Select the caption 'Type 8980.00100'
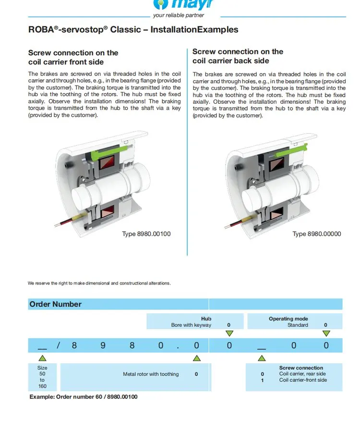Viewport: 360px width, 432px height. [146, 234]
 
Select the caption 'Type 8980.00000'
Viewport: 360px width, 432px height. [316, 234]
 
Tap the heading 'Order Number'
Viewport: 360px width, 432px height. [55, 304]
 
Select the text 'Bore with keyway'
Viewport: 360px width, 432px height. [191, 325]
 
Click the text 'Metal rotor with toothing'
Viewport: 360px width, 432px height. [151, 374]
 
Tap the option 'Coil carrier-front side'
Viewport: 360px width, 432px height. [303, 380]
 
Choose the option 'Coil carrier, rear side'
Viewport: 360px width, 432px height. [302, 374]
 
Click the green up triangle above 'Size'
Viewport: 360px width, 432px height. [42, 358]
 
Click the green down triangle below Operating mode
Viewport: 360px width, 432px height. [325, 333]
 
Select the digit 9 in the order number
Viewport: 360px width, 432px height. [103, 346]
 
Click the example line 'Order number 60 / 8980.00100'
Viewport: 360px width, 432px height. [84, 397]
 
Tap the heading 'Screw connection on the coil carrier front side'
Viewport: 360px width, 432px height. [73, 57]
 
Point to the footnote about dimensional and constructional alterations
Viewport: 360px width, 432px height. [99, 283]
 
